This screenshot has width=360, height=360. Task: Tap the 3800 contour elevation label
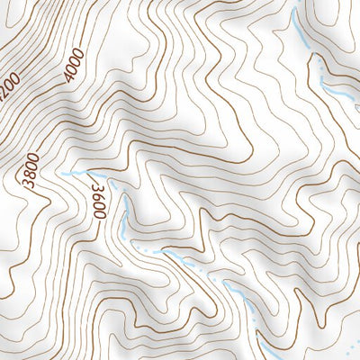(x=33, y=171)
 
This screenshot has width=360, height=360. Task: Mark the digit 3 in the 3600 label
(x=94, y=184)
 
